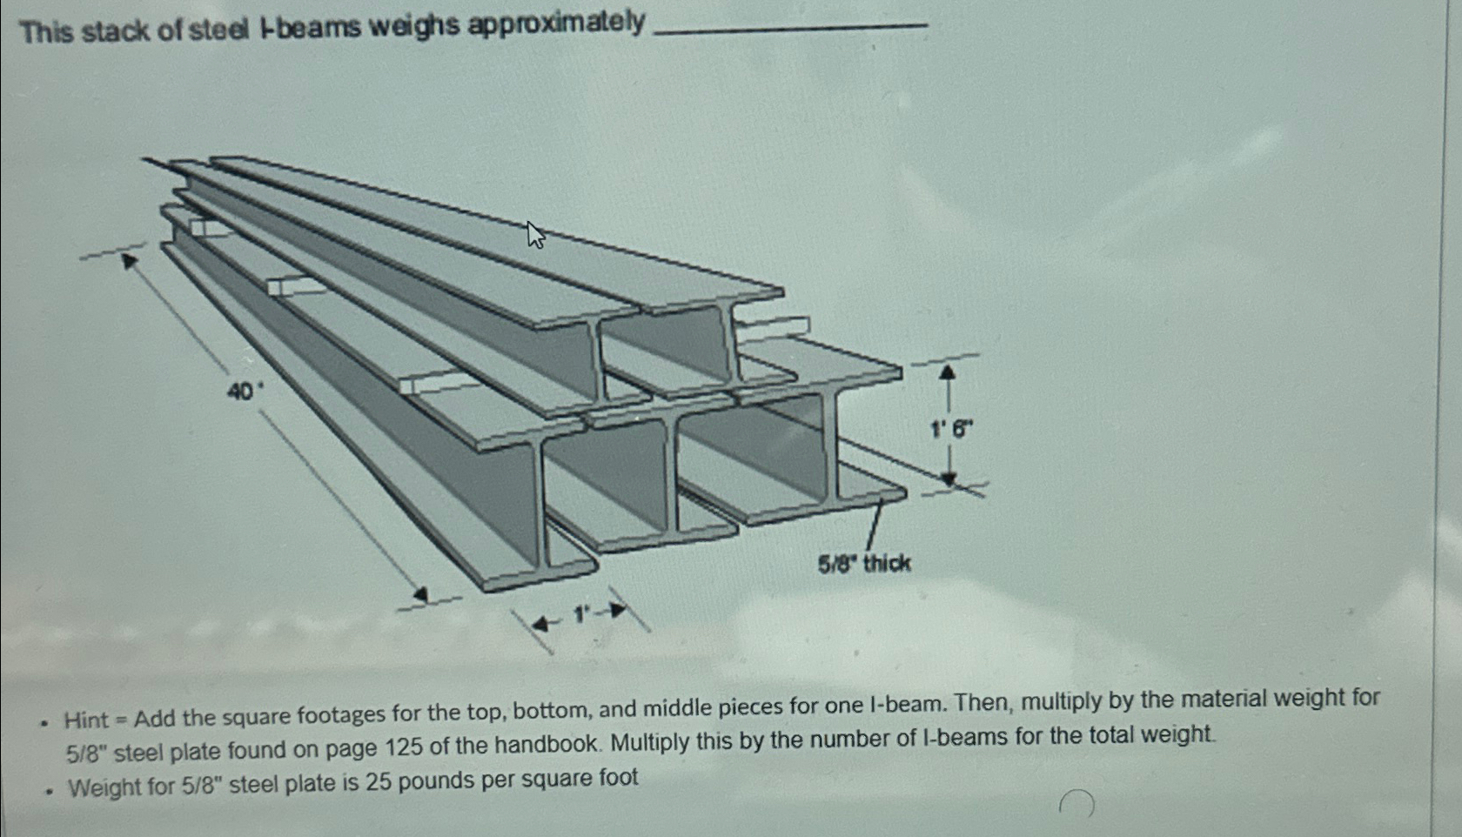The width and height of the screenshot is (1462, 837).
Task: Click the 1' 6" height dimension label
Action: [x=951, y=429]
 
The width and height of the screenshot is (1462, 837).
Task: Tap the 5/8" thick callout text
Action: [x=863, y=564]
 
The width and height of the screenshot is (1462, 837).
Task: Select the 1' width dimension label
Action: [x=580, y=615]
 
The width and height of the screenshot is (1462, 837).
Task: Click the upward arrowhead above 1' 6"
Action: [x=948, y=372]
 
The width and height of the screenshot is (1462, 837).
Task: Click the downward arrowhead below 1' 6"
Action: [x=949, y=479]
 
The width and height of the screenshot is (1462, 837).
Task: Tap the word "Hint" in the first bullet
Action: [x=86, y=720]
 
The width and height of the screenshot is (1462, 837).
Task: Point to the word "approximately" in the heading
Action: [x=557, y=23]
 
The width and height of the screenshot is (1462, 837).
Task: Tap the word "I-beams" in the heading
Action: [x=310, y=29]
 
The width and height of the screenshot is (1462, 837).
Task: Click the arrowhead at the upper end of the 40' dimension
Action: [x=130, y=261]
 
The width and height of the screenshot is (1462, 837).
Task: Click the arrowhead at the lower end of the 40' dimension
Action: [x=421, y=595]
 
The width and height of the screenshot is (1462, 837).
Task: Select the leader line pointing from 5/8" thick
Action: [x=874, y=524]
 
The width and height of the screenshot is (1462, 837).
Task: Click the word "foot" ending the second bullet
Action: [x=616, y=777]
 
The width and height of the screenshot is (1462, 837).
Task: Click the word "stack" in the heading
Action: [x=119, y=31]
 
